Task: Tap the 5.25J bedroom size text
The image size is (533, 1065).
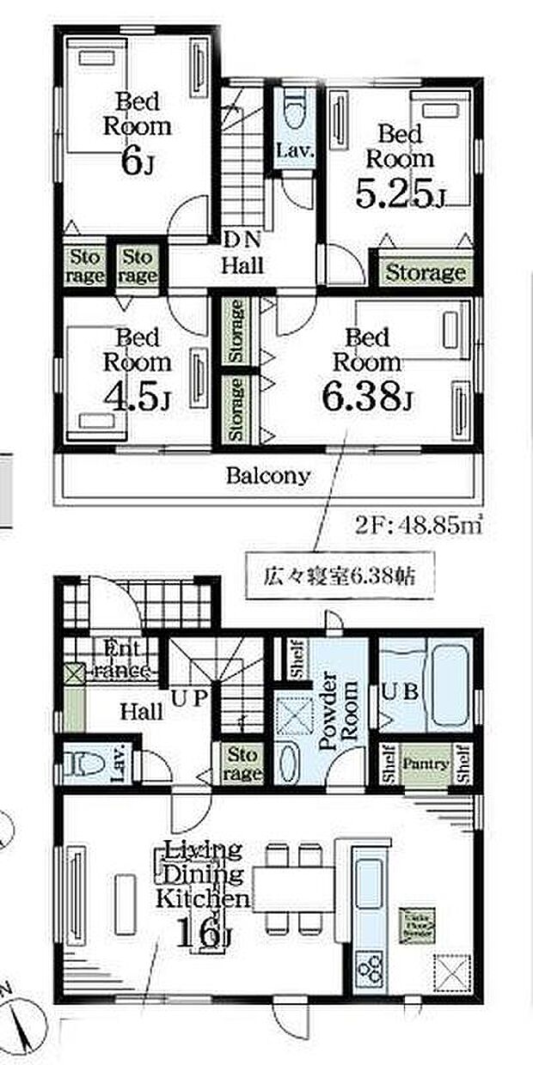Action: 400,196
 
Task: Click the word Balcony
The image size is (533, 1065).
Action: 267,476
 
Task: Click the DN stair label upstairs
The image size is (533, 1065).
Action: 237,238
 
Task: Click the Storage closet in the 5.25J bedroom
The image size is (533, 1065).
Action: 424,273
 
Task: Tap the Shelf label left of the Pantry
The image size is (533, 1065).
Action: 388,763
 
